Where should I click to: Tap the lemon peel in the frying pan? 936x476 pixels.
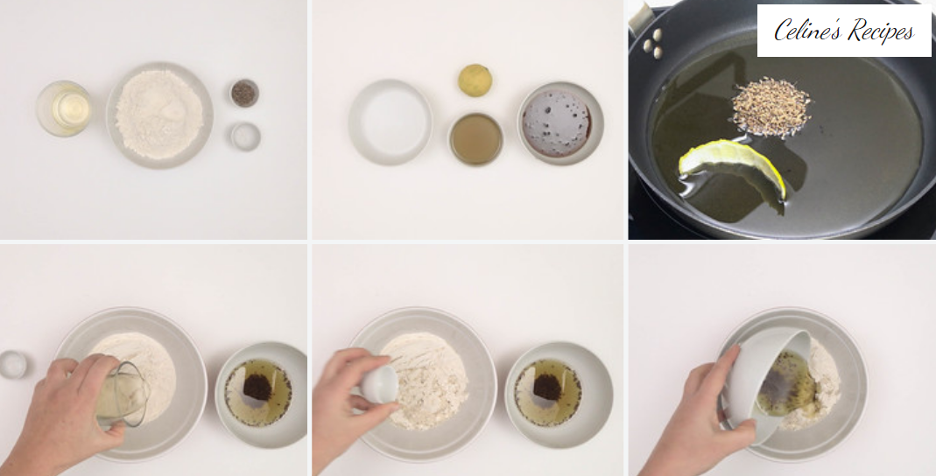tap(733, 166)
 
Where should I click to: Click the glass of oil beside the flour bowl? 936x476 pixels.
tap(64, 108)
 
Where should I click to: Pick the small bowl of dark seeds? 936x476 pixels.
tap(244, 94)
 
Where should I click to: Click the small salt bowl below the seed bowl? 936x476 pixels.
tap(245, 136)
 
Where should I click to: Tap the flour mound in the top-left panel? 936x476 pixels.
tap(159, 114)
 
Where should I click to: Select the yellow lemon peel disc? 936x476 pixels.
tap(475, 80)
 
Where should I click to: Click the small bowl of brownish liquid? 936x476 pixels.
tap(475, 139)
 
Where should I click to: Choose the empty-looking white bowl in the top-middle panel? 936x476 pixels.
tap(391, 122)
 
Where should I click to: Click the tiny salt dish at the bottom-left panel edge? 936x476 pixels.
tap(13, 365)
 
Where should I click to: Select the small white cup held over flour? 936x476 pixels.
tap(380, 383)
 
